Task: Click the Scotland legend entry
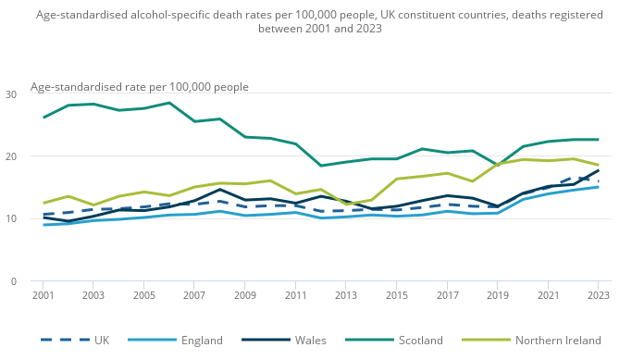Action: click(394, 341)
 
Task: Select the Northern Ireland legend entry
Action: click(531, 341)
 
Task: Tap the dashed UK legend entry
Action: click(75, 341)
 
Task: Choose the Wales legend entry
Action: click(284, 341)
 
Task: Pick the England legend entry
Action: click(176, 341)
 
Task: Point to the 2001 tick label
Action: click(43, 295)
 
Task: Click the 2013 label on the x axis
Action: click(346, 295)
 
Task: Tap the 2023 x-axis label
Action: click(599, 295)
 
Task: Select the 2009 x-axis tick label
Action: click(245, 295)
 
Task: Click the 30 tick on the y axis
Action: click(11, 94)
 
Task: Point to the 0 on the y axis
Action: click(14, 281)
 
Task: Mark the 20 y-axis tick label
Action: click(11, 156)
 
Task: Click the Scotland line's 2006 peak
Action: click(169, 103)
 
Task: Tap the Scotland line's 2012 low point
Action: click(321, 166)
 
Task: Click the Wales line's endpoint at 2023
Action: click(599, 170)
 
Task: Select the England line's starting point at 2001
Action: click(43, 225)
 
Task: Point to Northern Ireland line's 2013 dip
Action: click(346, 204)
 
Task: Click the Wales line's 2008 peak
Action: click(219, 190)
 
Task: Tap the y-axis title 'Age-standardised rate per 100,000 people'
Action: click(140, 87)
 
